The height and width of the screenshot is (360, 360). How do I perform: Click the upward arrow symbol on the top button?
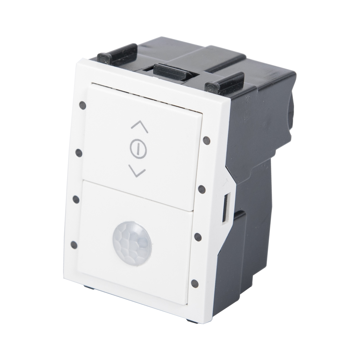[138, 125]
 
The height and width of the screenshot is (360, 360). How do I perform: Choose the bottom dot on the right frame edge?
[195, 282]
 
